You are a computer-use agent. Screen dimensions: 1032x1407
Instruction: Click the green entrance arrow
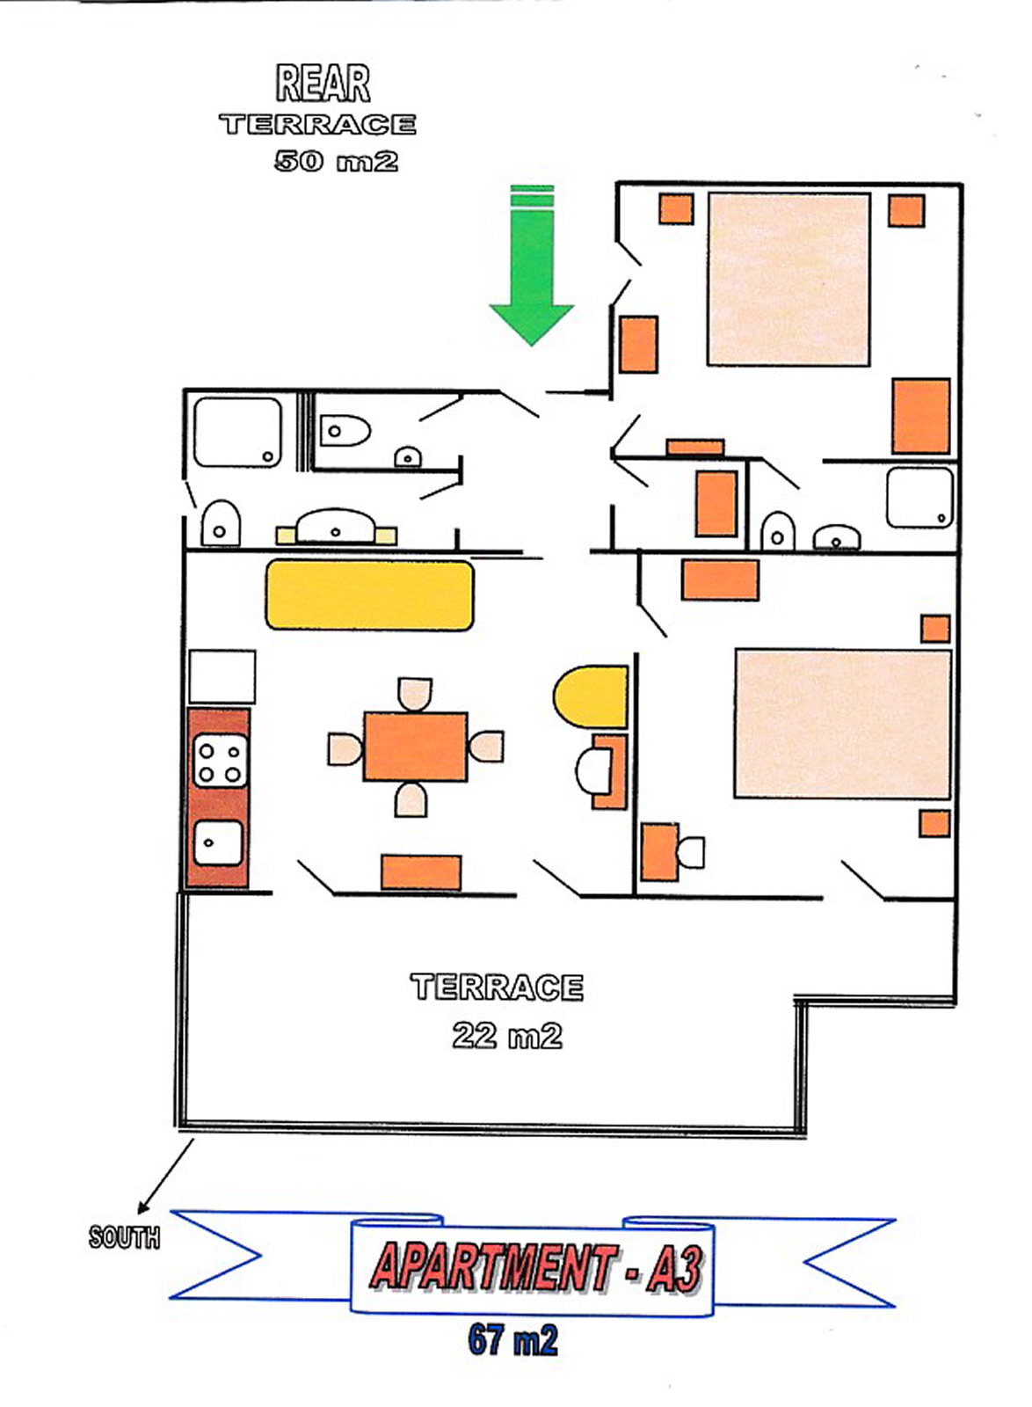(531, 265)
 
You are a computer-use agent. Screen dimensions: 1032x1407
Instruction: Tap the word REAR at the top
(323, 84)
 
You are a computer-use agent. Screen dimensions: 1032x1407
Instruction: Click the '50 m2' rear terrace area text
(336, 162)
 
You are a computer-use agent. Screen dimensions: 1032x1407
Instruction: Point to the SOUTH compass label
(124, 1236)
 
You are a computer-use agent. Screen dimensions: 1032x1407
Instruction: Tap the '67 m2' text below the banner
(512, 1339)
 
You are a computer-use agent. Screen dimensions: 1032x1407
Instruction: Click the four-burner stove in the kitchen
(220, 761)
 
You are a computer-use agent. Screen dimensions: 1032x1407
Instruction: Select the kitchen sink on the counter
(219, 842)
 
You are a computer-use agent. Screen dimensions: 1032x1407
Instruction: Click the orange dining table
(415, 747)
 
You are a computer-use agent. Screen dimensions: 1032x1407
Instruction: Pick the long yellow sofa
(370, 595)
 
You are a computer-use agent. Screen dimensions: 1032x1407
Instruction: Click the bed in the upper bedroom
(789, 279)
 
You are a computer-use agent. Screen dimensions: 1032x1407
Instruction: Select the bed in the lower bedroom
(843, 725)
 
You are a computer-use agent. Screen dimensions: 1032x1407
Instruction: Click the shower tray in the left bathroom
(237, 432)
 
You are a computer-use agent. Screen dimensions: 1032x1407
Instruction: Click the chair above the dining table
(415, 694)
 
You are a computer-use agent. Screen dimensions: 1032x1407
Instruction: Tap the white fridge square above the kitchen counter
(222, 676)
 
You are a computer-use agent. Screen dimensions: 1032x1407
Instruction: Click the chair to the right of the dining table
(486, 747)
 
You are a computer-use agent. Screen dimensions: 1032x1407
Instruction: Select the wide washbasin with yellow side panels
(336, 528)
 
